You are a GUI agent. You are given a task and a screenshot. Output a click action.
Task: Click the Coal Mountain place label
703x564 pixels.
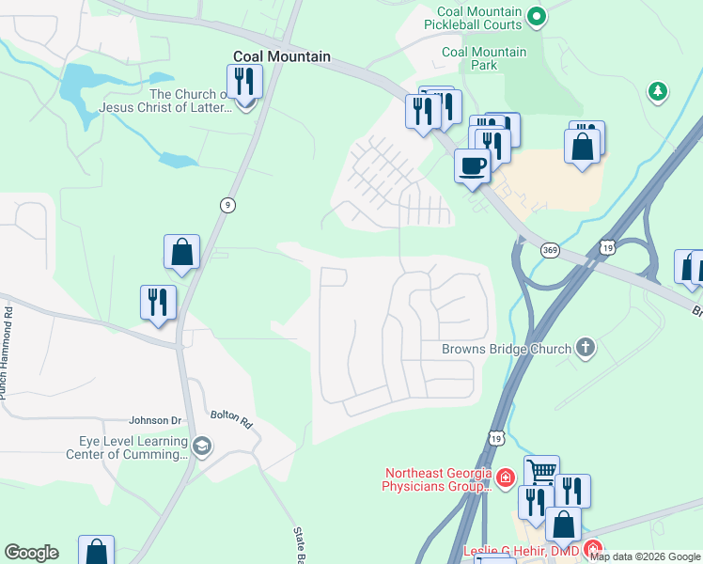(282, 56)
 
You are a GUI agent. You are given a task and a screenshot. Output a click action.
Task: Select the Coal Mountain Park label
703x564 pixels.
(484, 59)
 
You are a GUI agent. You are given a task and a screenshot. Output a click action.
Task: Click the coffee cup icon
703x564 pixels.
(472, 165)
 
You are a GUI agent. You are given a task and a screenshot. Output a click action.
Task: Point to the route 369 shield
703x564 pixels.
(550, 250)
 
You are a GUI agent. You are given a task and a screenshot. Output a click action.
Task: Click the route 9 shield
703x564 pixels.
(227, 205)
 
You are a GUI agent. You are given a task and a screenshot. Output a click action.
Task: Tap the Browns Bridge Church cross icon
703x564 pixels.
(586, 349)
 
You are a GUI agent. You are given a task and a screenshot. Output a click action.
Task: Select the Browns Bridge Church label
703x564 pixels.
(507, 349)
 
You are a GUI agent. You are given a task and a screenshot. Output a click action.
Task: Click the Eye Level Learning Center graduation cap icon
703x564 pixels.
(201, 446)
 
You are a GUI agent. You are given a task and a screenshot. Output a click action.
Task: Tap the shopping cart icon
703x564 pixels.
(541, 471)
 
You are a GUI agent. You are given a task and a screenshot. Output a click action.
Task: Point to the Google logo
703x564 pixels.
(31, 553)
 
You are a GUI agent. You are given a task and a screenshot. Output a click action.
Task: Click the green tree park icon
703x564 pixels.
(658, 91)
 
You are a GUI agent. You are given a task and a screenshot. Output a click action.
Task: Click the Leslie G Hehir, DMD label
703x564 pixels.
(522, 551)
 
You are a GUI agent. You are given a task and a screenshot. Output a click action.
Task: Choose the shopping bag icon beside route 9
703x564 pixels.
(181, 251)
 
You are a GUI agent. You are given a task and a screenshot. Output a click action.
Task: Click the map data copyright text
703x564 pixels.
(645, 556)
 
